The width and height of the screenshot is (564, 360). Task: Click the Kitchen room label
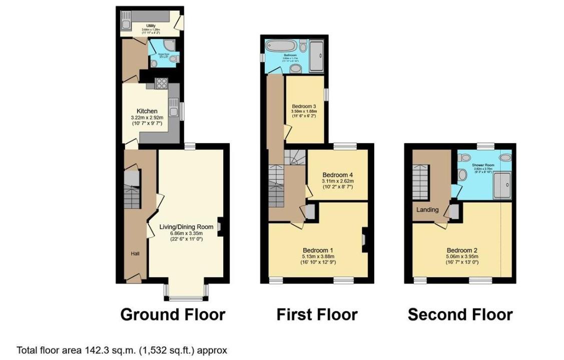(x=148, y=111)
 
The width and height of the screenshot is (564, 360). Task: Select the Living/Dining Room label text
(x=184, y=227)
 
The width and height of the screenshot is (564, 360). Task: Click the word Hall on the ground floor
(x=136, y=254)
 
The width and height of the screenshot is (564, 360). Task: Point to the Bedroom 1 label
(x=318, y=250)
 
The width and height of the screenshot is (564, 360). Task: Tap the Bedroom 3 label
(x=304, y=106)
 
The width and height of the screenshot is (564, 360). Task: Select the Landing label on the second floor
(x=427, y=209)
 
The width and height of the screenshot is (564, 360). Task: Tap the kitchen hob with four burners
(x=162, y=83)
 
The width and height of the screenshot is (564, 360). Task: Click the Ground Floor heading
(x=173, y=314)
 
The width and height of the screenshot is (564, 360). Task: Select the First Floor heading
(x=317, y=314)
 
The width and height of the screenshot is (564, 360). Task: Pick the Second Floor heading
(x=460, y=314)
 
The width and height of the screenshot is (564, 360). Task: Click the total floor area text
(x=122, y=350)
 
